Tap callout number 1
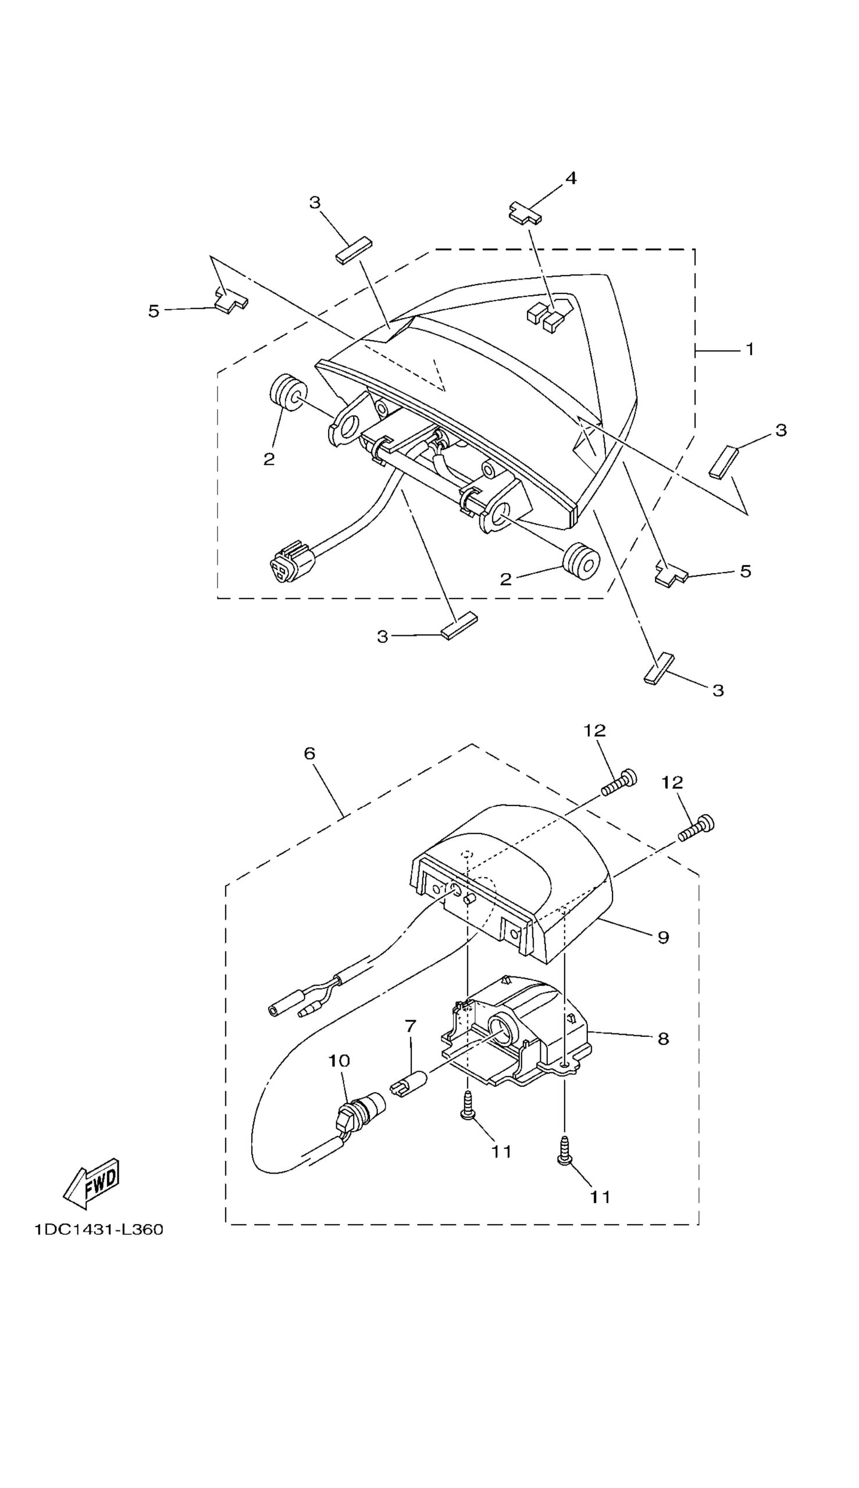(749, 349)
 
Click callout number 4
(571, 178)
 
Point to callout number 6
(310, 753)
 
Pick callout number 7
(411, 1026)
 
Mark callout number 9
(663, 938)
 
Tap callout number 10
(339, 1061)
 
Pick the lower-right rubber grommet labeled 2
(581, 561)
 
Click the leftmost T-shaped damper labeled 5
(231, 300)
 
